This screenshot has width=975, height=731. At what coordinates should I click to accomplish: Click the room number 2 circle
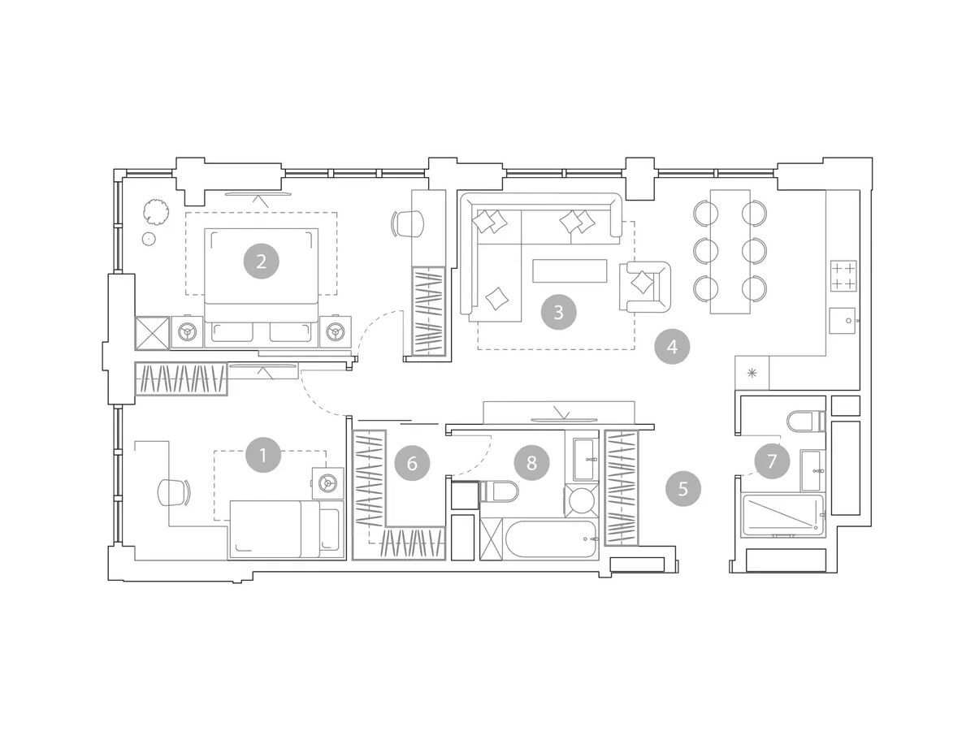coord(261,261)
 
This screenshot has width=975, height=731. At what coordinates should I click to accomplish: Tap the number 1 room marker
coord(263,455)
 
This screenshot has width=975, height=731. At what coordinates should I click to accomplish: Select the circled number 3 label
coord(558,312)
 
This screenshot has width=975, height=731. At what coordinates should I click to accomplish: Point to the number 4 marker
coord(672,347)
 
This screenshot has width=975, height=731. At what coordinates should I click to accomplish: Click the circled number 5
coord(683,489)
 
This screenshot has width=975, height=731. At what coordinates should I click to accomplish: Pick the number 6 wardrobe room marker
coord(412,463)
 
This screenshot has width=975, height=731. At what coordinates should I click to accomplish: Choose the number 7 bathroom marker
coord(772,461)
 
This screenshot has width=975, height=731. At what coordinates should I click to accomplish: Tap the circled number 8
coord(531,463)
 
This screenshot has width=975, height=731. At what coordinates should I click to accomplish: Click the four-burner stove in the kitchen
coord(843,275)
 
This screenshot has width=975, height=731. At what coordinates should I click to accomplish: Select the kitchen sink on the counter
coord(843,321)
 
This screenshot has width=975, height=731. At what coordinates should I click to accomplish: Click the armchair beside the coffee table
coord(645,286)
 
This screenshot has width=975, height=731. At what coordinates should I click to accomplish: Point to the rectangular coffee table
coord(570,270)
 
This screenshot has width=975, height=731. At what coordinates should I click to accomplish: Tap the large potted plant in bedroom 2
coord(155,211)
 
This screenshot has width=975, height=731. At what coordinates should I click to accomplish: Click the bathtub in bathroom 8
coord(551,539)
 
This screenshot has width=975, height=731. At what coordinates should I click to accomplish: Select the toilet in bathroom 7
coord(806,421)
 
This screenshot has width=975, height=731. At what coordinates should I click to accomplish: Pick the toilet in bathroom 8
coord(500,491)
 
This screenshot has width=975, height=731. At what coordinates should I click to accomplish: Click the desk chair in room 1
coord(174,492)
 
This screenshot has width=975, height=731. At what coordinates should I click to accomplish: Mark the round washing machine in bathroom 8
coord(582,500)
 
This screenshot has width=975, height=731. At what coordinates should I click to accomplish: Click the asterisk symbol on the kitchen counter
coord(752,373)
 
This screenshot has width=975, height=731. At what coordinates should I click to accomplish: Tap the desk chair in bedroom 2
coord(407,223)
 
